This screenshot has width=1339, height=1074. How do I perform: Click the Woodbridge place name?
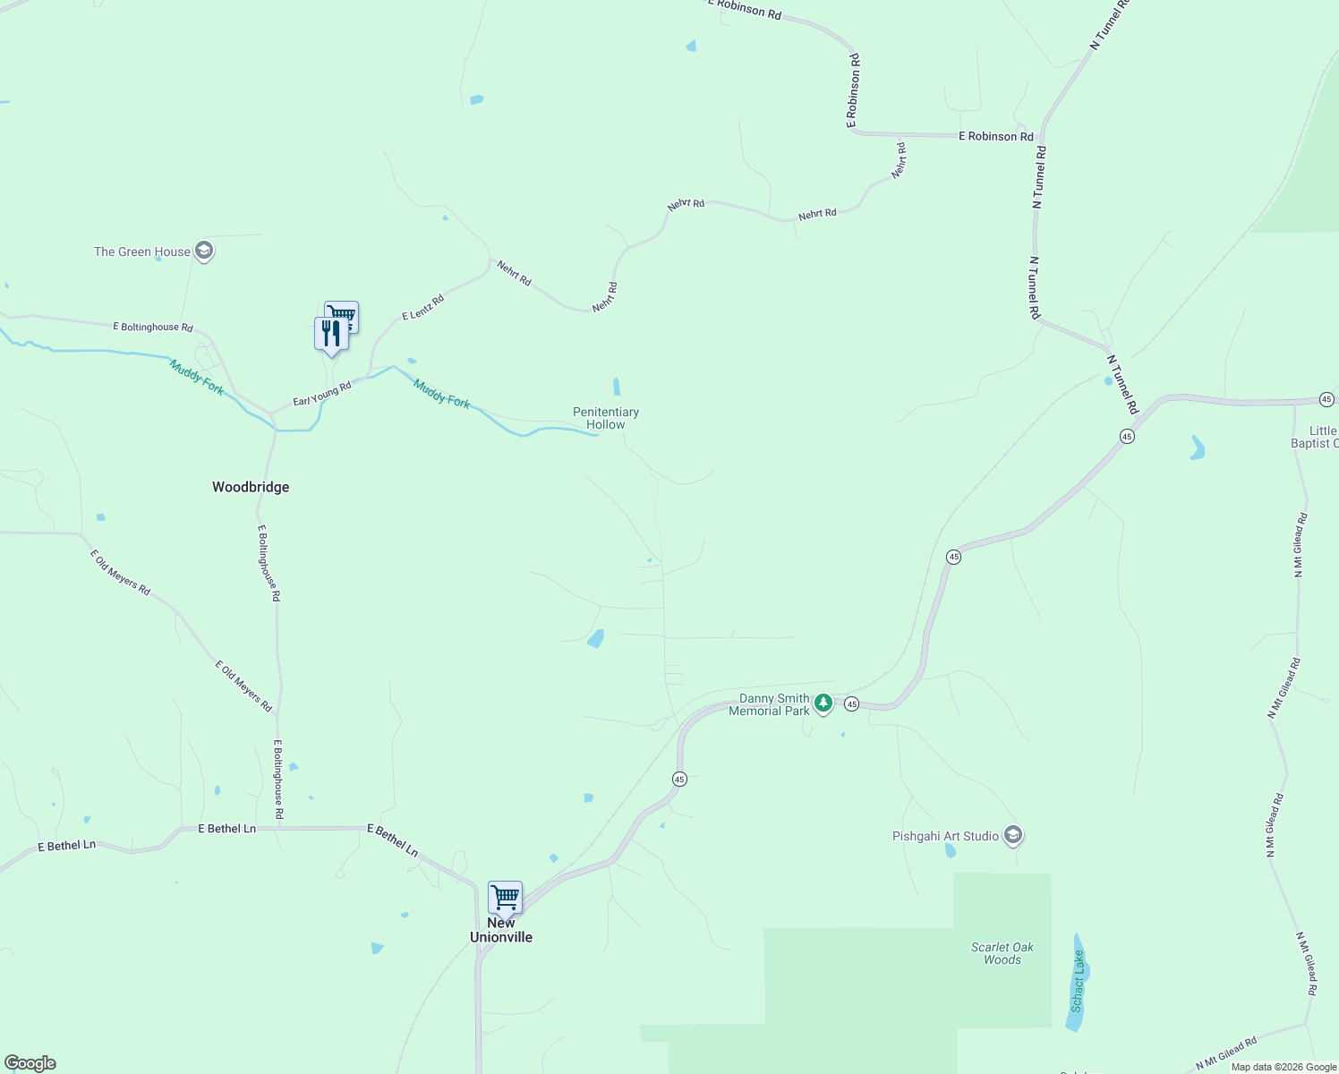coord(251,487)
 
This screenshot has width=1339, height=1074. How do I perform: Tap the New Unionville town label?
coord(501,931)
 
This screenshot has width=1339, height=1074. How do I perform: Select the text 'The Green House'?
coord(142,251)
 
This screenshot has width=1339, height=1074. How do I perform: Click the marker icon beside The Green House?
coord(204,251)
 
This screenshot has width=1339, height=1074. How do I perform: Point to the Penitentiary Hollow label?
coord(606,418)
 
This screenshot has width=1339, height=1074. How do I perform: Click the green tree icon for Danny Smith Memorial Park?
coord(823,703)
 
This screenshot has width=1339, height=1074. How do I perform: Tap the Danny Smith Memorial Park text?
coord(770,704)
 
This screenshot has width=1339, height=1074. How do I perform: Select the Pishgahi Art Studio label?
coord(945,836)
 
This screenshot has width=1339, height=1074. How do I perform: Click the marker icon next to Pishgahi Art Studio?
coord(1013,836)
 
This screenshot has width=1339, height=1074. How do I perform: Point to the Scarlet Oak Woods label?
coord(1002,953)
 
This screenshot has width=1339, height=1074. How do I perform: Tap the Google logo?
coord(30,1063)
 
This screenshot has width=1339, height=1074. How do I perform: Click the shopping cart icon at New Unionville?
coord(506,897)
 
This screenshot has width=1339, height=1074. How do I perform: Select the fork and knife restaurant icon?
coord(331,334)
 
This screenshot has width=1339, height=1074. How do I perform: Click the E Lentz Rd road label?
coord(422,308)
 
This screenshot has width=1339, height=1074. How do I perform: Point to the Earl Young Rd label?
coord(322,394)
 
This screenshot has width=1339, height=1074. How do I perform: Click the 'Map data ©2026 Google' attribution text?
coord(1284,1067)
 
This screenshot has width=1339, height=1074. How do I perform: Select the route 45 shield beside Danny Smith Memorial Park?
coord(851,704)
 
